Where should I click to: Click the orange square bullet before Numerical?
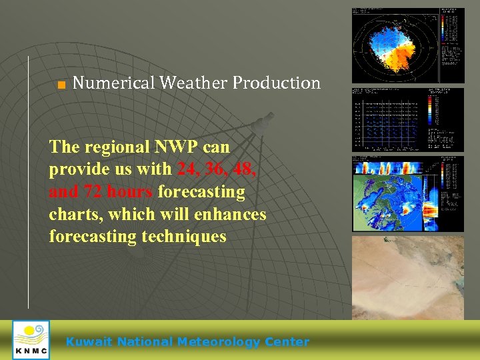pyautogui.click(x=61, y=85)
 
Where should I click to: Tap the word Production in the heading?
pyautogui.click(x=277, y=83)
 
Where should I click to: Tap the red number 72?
pyautogui.click(x=91, y=192)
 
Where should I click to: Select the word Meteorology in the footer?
pyautogui.click(x=217, y=342)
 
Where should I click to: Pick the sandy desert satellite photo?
pyautogui.click(x=407, y=277)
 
